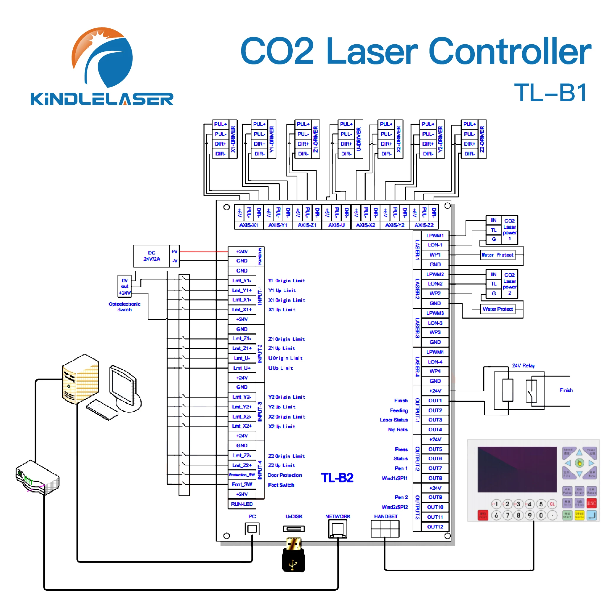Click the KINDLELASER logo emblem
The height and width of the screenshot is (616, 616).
[x=102, y=57]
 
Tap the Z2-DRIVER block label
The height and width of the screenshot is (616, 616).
[x=482, y=139]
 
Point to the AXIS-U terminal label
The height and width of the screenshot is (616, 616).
[x=336, y=225]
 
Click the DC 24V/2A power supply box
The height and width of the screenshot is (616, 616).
[x=151, y=256]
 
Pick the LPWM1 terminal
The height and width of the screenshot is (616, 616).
[x=435, y=236]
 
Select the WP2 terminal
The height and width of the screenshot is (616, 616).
[x=435, y=293]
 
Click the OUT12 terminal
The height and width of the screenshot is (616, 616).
[x=435, y=527]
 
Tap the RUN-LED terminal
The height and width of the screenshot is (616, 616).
[x=242, y=504]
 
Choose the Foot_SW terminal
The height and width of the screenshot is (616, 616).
[x=242, y=485]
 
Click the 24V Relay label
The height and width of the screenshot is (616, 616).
[x=523, y=366]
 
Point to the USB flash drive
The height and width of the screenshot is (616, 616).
[x=294, y=555]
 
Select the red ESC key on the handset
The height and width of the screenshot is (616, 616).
[x=591, y=503]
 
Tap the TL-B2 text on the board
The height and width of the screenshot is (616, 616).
[x=337, y=478]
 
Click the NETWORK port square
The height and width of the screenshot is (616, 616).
[x=338, y=529]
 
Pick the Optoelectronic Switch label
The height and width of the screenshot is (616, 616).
[x=124, y=307]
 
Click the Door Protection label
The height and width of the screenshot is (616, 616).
[x=284, y=475]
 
